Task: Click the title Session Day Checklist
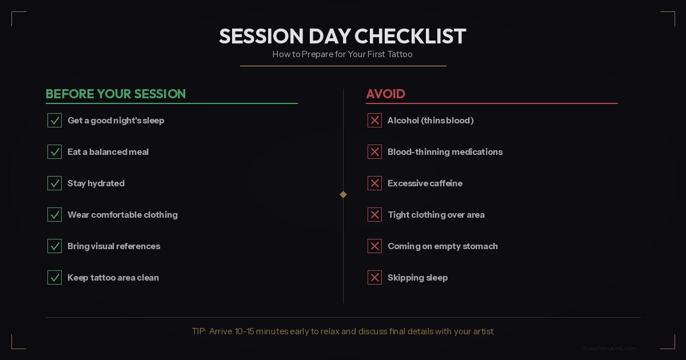coord(342,37)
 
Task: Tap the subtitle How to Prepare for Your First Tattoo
coord(342,55)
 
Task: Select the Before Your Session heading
coord(115,94)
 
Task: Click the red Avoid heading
coord(385,94)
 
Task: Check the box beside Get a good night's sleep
coord(54,121)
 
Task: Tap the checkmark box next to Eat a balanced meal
coord(54,152)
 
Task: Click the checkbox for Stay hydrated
coord(54,183)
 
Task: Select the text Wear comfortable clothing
coord(122,215)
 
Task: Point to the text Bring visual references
coord(114,246)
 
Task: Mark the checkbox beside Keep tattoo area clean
coord(54,278)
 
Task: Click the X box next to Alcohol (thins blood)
coord(374,121)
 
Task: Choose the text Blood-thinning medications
coord(445,152)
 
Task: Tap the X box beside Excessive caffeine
coord(374,183)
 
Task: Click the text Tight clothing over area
coord(436,215)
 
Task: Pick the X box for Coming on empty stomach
coord(374,246)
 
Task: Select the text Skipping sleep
coord(417,278)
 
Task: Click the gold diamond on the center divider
coord(343,194)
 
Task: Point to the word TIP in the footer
coord(198,331)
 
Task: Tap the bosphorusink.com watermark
coord(609,348)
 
